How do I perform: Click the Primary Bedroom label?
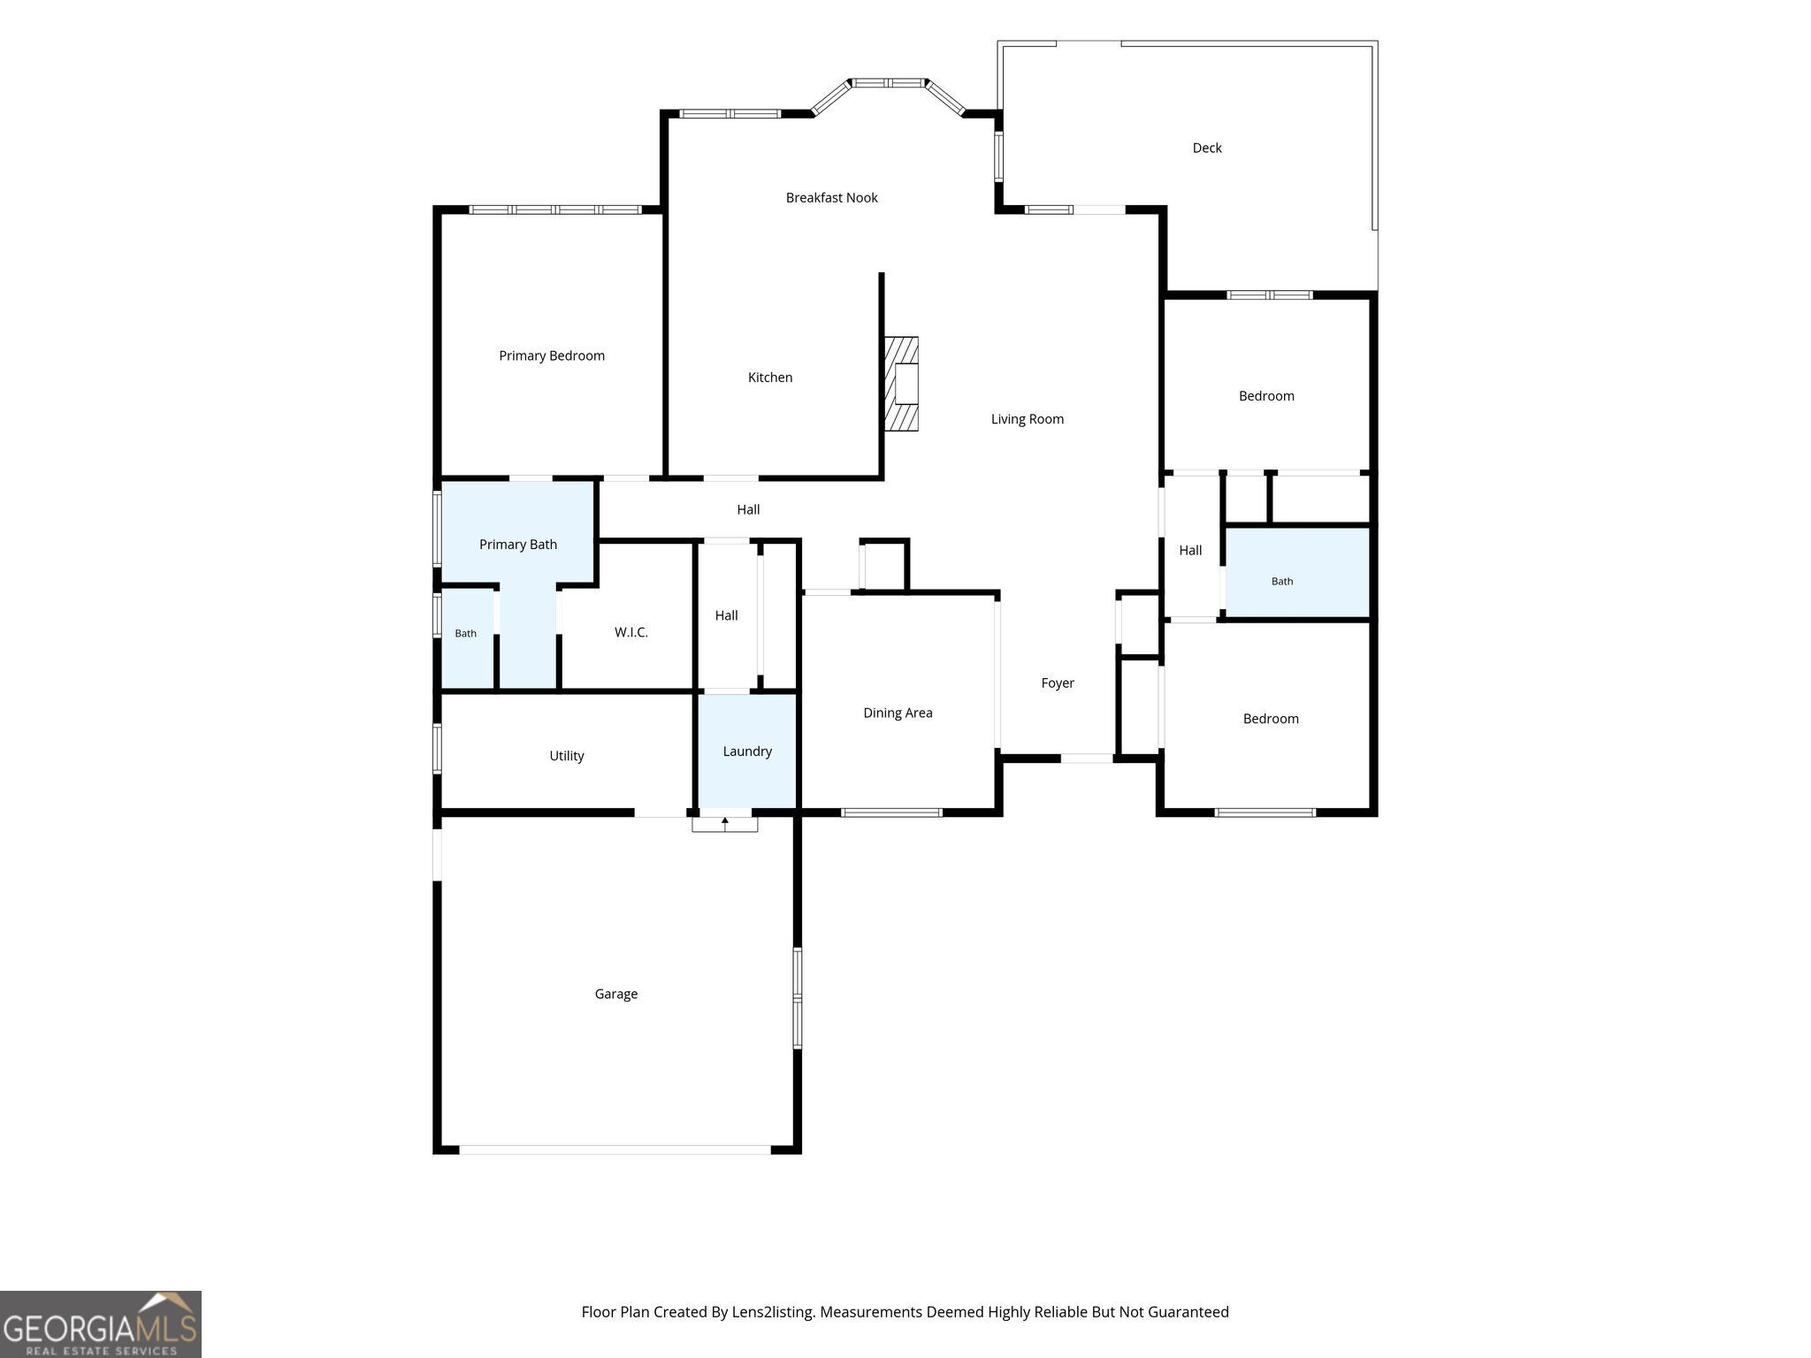point(552,355)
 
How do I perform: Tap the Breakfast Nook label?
point(831,197)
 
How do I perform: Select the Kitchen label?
point(770,378)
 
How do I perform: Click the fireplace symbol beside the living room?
point(901,384)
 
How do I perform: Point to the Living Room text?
point(1027,419)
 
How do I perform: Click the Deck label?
point(1207,148)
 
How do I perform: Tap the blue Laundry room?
point(748,751)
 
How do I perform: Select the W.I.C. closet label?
point(631,632)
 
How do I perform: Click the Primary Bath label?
point(518,545)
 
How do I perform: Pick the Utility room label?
point(567,756)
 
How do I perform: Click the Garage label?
point(616,994)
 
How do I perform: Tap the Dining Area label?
point(898,713)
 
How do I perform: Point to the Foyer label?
point(1058,683)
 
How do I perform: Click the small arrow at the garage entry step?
point(725,823)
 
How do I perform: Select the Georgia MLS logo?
point(101,1324)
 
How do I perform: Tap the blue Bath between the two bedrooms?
point(1297,572)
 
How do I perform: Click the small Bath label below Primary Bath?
point(466,633)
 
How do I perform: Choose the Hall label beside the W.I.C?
point(726,615)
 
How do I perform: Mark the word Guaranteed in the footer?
point(1188,1312)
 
